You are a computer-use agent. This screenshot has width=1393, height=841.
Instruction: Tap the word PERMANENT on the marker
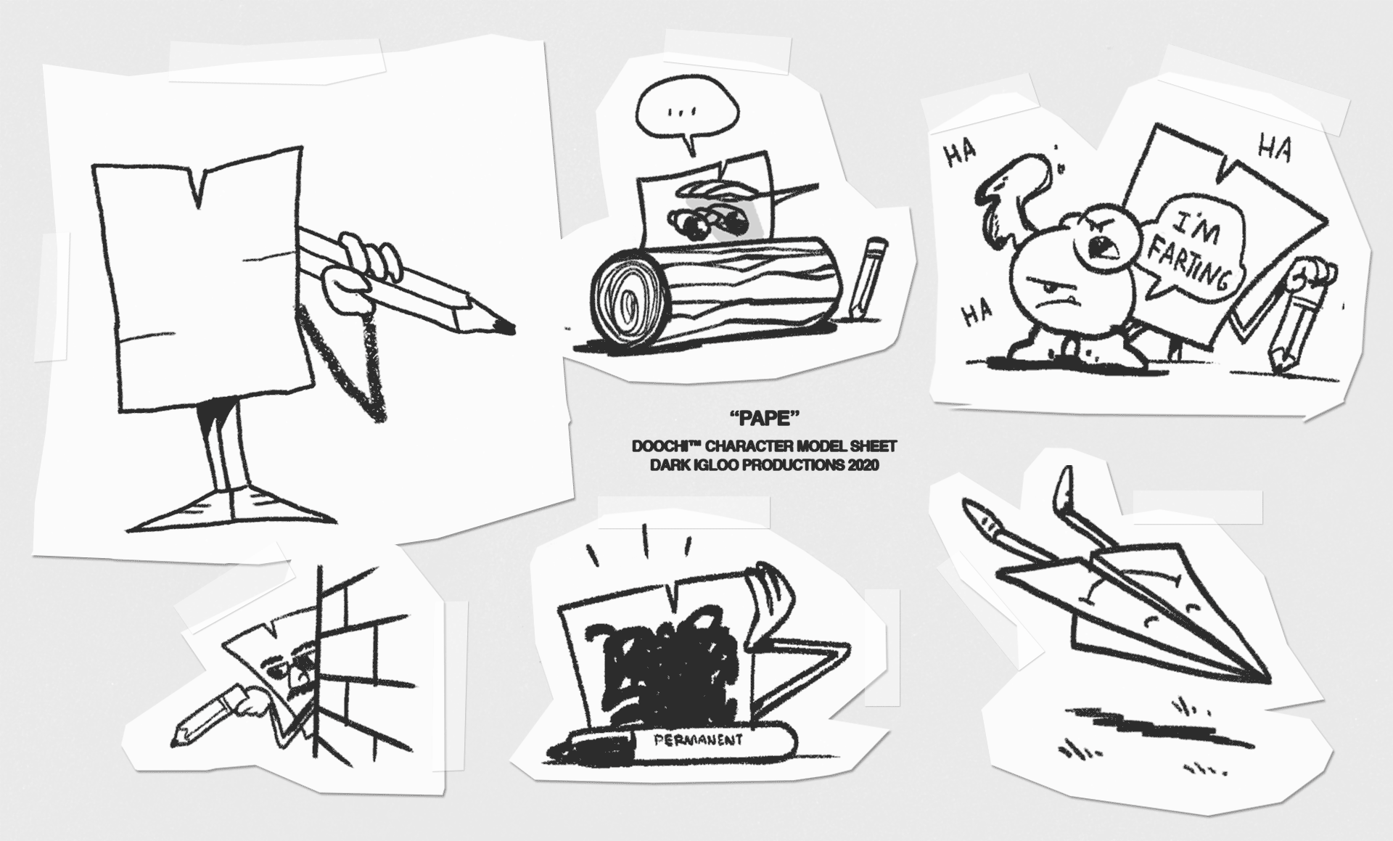699,741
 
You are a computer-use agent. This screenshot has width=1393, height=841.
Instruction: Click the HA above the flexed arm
959,153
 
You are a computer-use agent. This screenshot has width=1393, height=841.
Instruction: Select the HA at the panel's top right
1275,150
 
